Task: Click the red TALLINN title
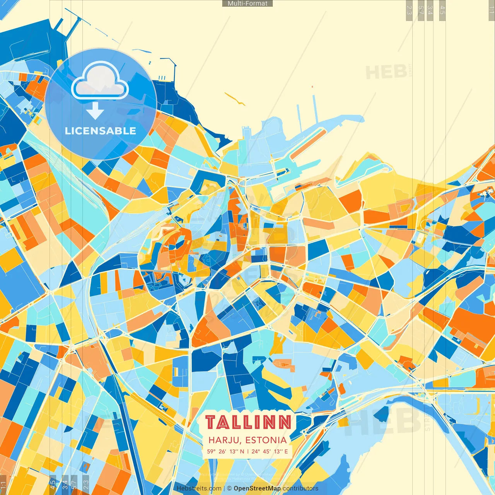248,422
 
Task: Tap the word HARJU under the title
223,440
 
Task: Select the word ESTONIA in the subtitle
266,440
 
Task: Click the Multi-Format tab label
247,3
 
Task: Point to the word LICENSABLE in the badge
101,131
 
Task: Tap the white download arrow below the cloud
95,111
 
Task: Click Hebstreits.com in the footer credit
199,488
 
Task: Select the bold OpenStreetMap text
257,488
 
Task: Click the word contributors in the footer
300,488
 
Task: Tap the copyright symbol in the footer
229,488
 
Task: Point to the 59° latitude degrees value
211,451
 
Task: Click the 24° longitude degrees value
256,451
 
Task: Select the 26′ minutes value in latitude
222,451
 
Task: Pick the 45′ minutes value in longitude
266,451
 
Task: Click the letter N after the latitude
242,451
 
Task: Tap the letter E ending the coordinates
286,451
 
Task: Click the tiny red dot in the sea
312,87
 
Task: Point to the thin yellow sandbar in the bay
235,99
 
